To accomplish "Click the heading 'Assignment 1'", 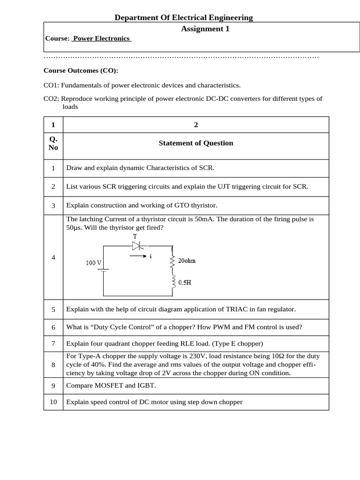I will pos(205,29).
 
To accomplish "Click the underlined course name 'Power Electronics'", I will pos(101,38).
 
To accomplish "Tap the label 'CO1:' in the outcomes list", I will pos(51,85).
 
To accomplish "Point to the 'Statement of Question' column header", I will pos(195,143).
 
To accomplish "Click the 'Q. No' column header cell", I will pos(53,143).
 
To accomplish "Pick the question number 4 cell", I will pos(53,257).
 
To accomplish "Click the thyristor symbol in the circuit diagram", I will pos(136,246).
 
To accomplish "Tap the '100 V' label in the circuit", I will pos(94,263).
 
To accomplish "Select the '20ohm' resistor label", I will pos(187,261).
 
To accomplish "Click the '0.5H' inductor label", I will pos(184,283).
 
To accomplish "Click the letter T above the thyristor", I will pos(135,237).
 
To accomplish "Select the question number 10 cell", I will pos(53,402).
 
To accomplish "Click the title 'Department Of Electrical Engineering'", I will pos(184,18).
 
